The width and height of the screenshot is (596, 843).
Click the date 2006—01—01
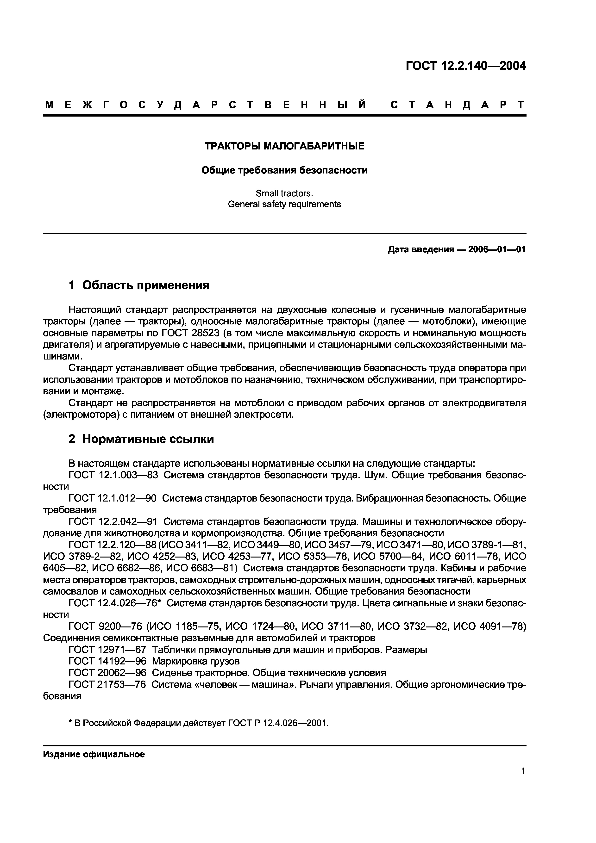click(x=497, y=250)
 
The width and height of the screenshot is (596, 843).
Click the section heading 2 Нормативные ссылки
click(x=141, y=439)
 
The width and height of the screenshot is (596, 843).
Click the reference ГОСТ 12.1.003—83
click(x=113, y=475)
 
